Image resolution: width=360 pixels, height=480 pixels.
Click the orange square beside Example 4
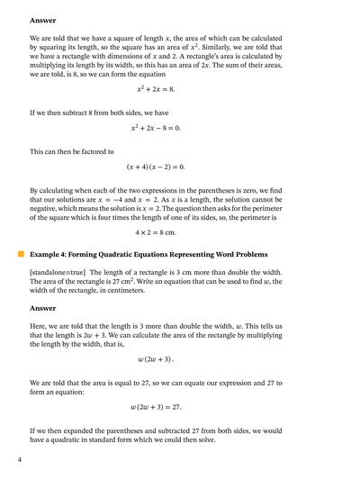[20, 255]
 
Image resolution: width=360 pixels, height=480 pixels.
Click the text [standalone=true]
[59, 271]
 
